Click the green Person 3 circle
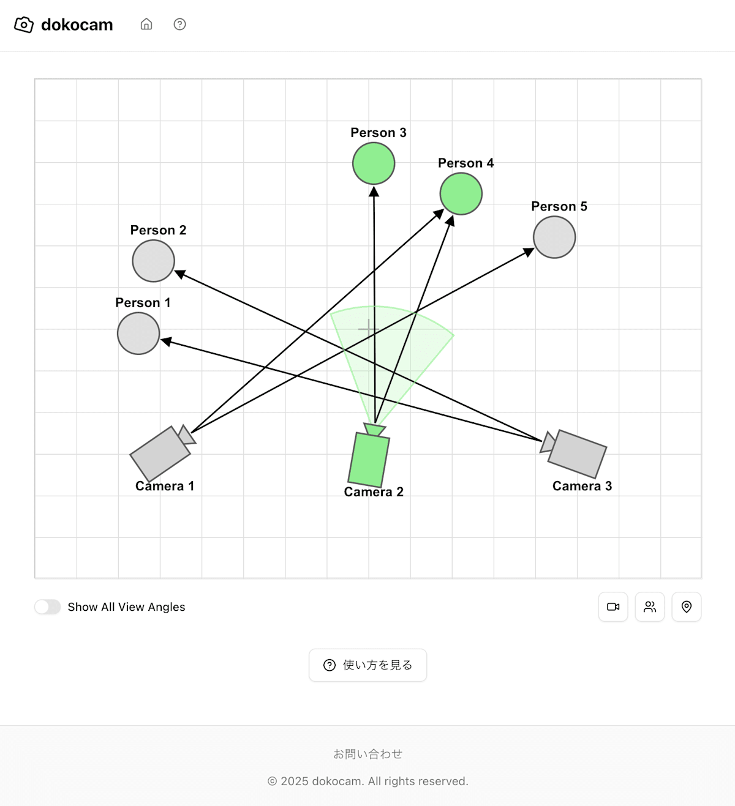point(374,163)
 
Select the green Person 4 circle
point(461,194)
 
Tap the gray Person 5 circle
point(554,237)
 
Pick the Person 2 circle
point(154,261)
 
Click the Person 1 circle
point(138,334)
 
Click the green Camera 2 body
point(369,460)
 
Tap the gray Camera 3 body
point(577,453)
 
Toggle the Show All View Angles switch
point(48,606)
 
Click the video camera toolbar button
point(613,606)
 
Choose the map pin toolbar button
point(687,606)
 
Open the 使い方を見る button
point(368,665)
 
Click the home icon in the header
point(146,24)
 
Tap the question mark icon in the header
point(179,24)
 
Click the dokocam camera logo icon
point(24,24)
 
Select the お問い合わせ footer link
point(367,754)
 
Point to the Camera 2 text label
point(374,492)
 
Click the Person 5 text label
point(559,206)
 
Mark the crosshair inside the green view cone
point(367,329)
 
